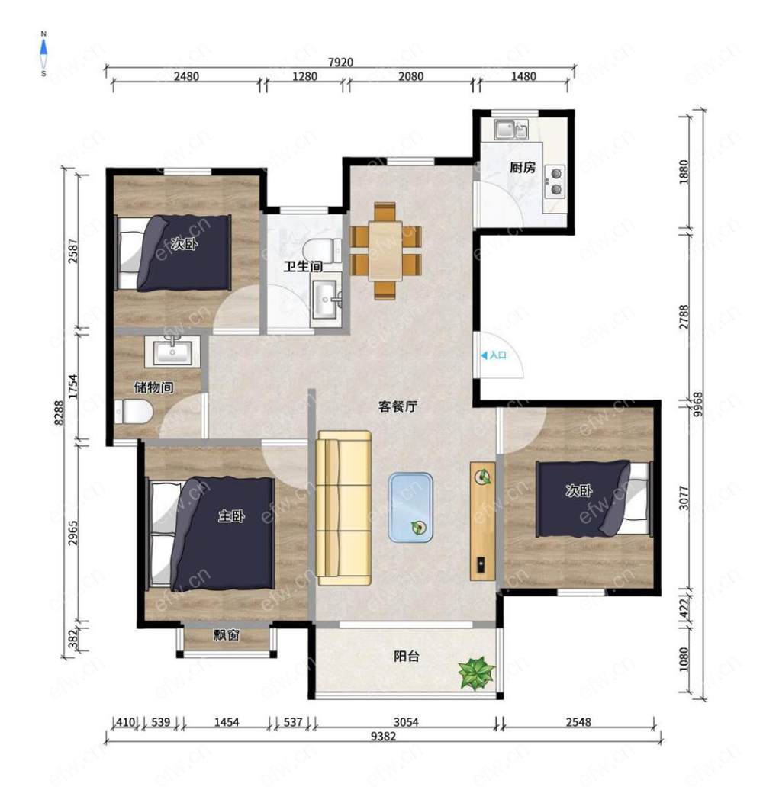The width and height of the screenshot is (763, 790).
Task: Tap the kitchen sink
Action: click(510, 130)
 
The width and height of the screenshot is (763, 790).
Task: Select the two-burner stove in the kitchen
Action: click(555, 181)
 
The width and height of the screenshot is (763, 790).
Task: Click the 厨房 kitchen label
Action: click(522, 167)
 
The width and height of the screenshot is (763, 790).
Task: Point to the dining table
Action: click(385, 250)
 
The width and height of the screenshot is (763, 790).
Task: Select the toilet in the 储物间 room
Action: click(133, 412)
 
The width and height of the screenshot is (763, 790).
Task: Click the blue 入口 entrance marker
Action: click(494, 355)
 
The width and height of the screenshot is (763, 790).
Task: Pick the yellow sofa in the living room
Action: click(343, 507)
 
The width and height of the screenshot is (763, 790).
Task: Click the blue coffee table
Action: click(410, 507)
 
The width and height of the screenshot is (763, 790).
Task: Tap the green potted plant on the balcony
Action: click(476, 673)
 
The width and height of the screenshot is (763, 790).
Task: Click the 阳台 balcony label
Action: click(406, 656)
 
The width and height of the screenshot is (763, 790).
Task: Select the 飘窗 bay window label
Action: click(227, 634)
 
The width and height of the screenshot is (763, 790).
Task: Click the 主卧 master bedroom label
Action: click(231, 515)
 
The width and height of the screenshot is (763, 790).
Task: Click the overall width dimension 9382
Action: click(384, 736)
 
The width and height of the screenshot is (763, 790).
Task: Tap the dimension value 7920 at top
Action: click(340, 62)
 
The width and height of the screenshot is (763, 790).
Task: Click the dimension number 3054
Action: click(406, 722)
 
